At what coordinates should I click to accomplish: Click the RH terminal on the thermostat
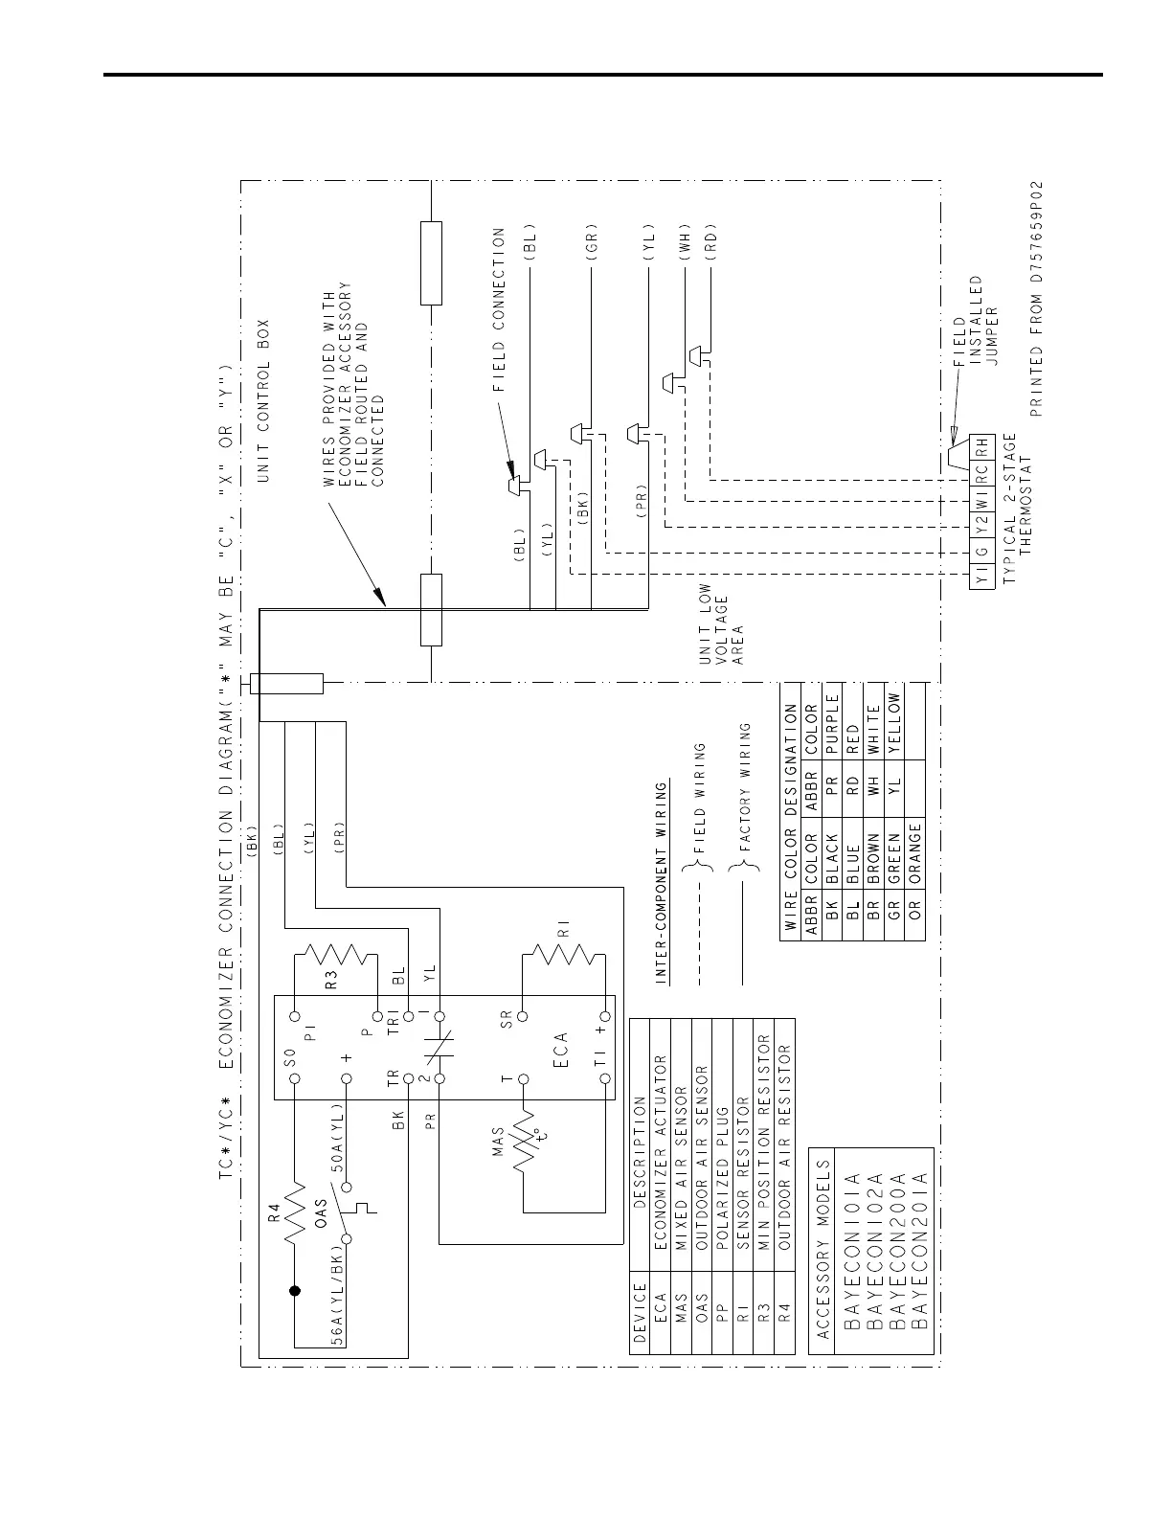click(981, 447)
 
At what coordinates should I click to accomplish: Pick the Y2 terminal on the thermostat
click(981, 526)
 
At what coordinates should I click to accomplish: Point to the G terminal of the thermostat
click(981, 551)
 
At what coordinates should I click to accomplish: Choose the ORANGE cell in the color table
click(914, 853)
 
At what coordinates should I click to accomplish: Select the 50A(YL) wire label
click(337, 1136)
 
